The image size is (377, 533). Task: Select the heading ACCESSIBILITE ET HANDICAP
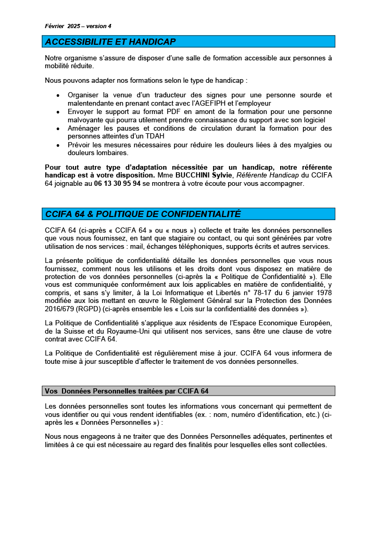(x=110, y=42)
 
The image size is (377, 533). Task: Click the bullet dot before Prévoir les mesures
(x=57, y=145)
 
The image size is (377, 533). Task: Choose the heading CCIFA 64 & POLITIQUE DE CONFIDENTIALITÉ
(x=143, y=214)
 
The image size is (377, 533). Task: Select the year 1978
(x=322, y=293)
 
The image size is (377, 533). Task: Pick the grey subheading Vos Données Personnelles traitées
(x=127, y=391)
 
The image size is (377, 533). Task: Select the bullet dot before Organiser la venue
(x=57, y=96)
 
